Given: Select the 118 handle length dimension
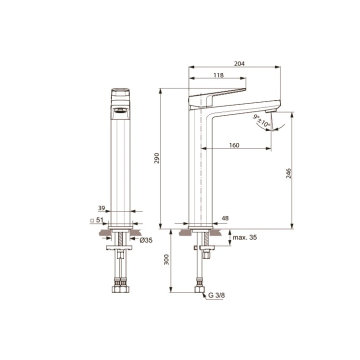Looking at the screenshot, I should point(218,75).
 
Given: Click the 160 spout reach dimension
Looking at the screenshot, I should point(234,145).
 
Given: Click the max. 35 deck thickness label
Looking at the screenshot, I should point(244,237).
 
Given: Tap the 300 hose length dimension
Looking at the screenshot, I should point(167,259).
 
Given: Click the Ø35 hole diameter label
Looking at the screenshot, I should point(145,240).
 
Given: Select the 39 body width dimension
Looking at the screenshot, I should point(101,208).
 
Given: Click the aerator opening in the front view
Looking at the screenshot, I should point(120,110).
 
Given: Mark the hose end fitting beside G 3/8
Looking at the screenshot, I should point(199,289).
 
